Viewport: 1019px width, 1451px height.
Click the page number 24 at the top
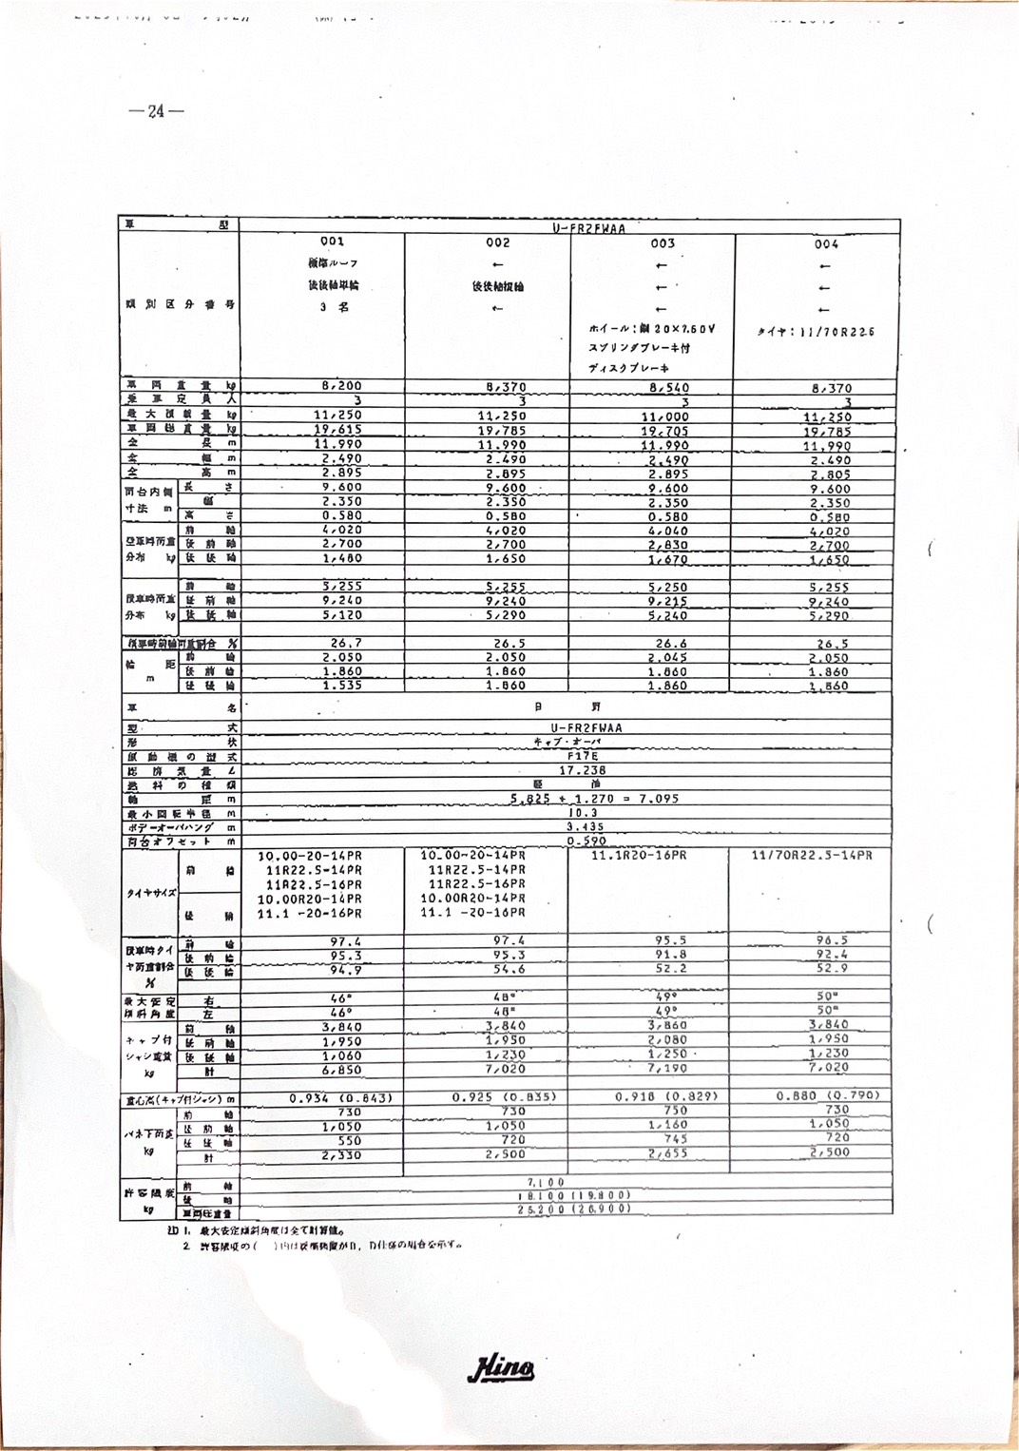click(x=156, y=111)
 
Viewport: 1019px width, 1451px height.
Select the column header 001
click(x=332, y=242)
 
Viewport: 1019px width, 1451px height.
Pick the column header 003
click(x=663, y=243)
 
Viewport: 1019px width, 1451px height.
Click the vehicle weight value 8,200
click(x=341, y=386)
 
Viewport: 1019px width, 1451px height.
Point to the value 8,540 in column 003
click(x=669, y=388)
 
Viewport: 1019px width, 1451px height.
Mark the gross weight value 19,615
click(x=338, y=429)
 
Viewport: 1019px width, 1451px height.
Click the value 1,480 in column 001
click(x=341, y=558)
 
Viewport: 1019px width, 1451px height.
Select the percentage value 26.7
click(x=346, y=643)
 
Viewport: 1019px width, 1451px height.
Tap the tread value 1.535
click(x=342, y=685)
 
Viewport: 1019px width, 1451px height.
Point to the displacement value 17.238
click(x=582, y=770)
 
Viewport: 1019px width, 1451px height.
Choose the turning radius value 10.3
click(x=582, y=813)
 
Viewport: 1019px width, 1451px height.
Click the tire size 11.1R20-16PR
click(x=639, y=856)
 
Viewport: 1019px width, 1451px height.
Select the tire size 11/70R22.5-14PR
click(x=811, y=856)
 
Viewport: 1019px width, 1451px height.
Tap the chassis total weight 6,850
click(x=341, y=1070)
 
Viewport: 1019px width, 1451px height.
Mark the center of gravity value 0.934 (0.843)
click(x=340, y=1098)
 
